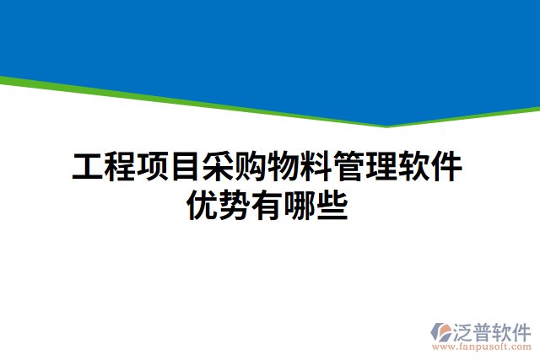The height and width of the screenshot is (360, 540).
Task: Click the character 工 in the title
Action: coord(88,167)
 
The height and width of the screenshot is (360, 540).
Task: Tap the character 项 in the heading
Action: coord(154,167)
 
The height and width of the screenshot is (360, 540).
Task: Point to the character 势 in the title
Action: coord(236,205)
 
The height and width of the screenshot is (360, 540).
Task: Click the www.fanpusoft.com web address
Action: coord(482,346)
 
